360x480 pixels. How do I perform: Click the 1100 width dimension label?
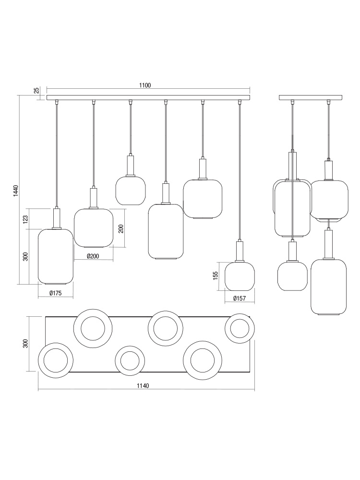pyautogui.click(x=145, y=85)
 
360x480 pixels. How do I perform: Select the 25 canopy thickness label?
pyautogui.click(x=36, y=90)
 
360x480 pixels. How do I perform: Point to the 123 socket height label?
pyautogui.click(x=25, y=218)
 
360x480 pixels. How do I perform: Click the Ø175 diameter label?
pyautogui.click(x=55, y=293)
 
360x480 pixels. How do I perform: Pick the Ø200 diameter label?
pyautogui.click(x=93, y=256)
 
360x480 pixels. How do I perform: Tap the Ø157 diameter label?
pyautogui.click(x=240, y=298)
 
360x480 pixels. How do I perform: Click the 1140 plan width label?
pyautogui.click(x=143, y=386)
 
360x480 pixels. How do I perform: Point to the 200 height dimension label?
pyautogui.click(x=121, y=228)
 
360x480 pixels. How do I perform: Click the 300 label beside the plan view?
pyautogui.click(x=25, y=344)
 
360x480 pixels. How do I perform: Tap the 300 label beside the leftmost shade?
pyautogui.click(x=25, y=256)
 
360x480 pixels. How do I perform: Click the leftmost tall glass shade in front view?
pyautogui.click(x=55, y=256)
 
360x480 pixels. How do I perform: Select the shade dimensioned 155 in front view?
pyautogui.click(x=240, y=276)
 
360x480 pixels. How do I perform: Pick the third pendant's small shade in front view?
pyautogui.click(x=131, y=191)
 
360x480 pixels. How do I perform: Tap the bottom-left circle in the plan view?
pyautogui.click(x=55, y=360)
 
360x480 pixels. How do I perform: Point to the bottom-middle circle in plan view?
pyautogui.click(x=130, y=360)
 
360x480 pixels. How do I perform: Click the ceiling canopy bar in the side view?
pyautogui.click(x=311, y=97)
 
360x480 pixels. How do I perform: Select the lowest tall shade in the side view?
pyautogui.click(x=328, y=287)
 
